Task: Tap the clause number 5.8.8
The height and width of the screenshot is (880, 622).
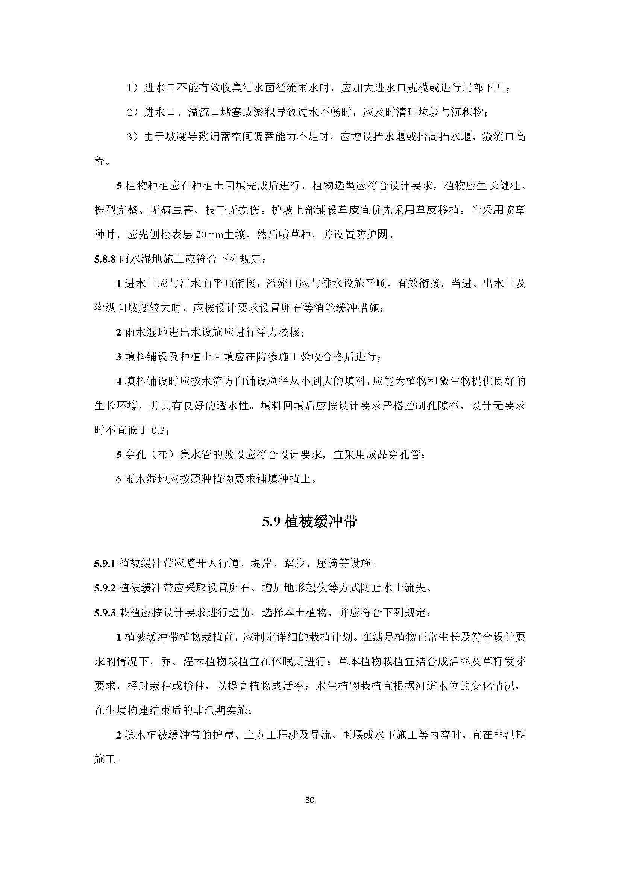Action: (105, 260)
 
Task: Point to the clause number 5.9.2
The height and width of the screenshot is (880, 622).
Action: (105, 588)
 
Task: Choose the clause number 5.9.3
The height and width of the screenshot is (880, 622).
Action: (105, 613)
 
